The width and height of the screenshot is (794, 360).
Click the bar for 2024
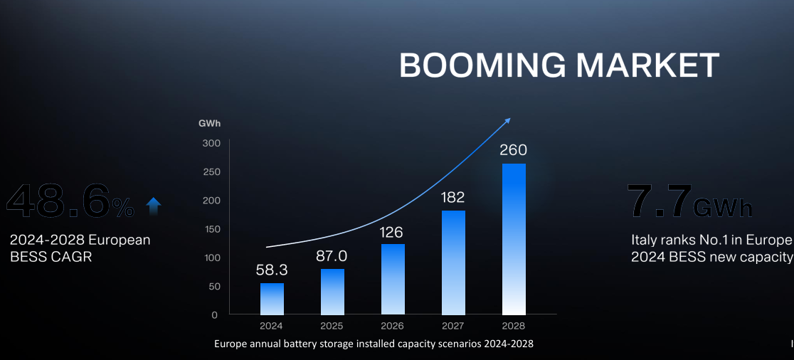click(x=272, y=299)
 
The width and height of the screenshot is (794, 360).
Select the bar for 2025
click(x=332, y=292)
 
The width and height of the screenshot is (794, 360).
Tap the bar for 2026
click(x=393, y=279)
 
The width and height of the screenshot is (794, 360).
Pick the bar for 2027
click(x=453, y=263)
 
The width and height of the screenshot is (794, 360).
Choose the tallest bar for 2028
click(x=514, y=239)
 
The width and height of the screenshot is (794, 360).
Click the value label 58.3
click(x=272, y=271)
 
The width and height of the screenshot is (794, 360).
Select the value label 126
click(x=393, y=232)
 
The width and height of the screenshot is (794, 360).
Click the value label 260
click(x=514, y=151)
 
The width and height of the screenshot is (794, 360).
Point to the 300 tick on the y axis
click(x=215, y=144)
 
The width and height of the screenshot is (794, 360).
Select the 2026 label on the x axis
click(x=393, y=326)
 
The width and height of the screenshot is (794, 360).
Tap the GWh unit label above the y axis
click(x=210, y=123)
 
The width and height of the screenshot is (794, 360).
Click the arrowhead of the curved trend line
click(x=507, y=121)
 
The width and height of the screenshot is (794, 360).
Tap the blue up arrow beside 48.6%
click(x=153, y=206)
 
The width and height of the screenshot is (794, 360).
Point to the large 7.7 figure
click(x=659, y=201)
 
